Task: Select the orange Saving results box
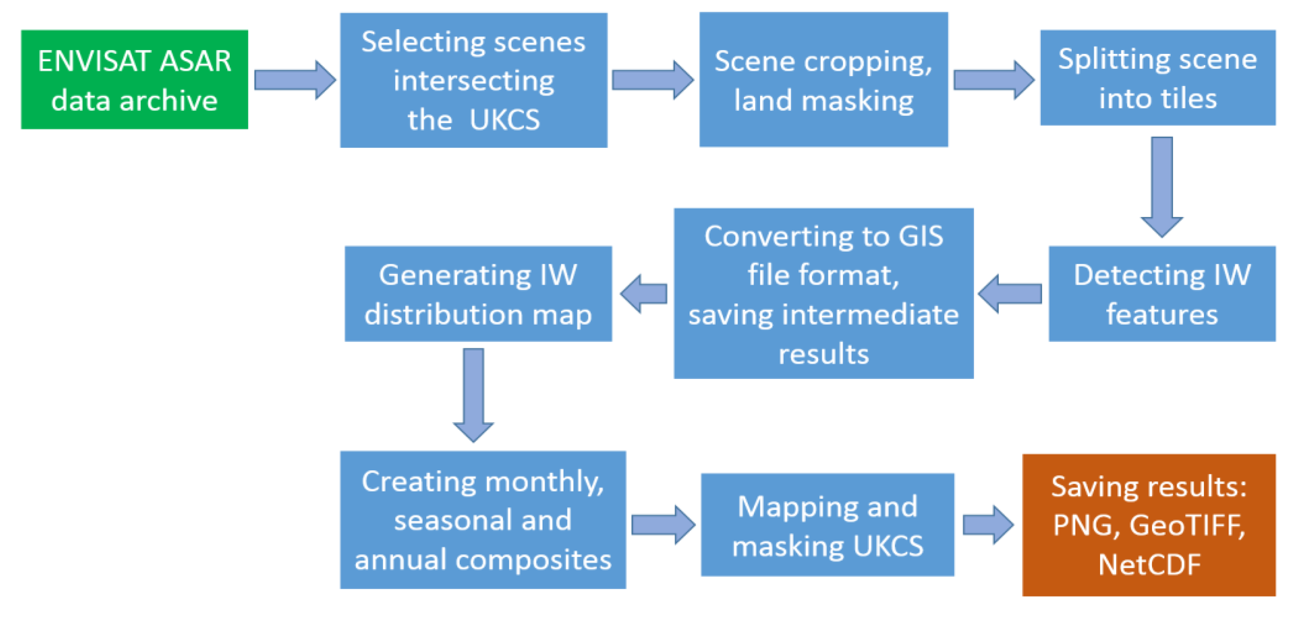(1149, 525)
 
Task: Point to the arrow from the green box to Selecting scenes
(294, 80)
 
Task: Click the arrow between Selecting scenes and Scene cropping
(652, 80)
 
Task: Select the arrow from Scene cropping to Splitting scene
(993, 80)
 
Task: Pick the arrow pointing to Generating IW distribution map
(644, 294)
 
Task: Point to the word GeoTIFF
(1187, 525)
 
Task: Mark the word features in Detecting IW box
(1161, 314)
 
